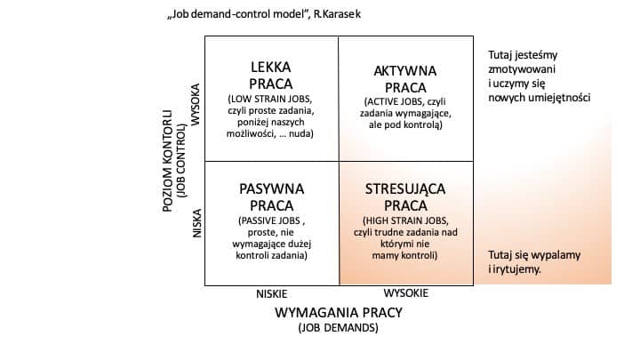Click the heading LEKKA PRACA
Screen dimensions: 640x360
[270, 75]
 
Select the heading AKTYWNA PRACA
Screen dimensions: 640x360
[405, 79]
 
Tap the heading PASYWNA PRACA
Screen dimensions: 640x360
[271, 197]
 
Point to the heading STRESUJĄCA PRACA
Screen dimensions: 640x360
[405, 197]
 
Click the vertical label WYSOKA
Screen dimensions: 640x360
[196, 105]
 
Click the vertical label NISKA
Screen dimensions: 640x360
[197, 223]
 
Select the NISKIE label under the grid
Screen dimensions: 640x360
[272, 294]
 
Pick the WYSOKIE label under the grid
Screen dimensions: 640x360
[405, 293]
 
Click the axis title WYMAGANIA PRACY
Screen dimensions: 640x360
[339, 313]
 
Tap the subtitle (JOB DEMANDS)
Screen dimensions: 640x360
[339, 328]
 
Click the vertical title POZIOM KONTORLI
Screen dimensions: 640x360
[168, 161]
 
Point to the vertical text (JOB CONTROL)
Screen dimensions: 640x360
[180, 161]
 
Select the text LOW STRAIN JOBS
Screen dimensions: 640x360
[271, 100]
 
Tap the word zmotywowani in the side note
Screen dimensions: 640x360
[522, 69]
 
